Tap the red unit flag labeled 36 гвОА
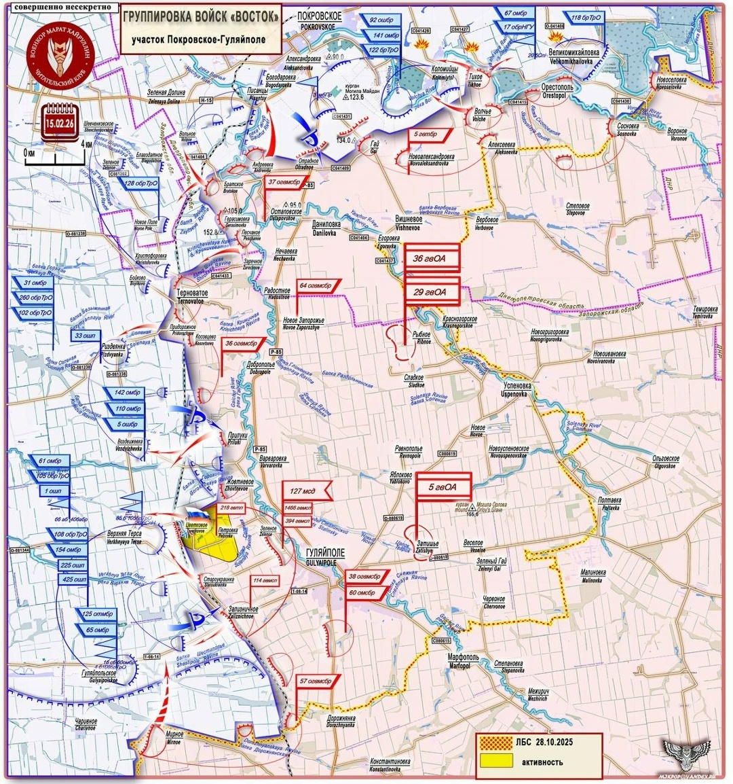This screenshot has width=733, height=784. point(433,257)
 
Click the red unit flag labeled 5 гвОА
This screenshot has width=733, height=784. point(443,487)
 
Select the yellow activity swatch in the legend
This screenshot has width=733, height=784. point(496,761)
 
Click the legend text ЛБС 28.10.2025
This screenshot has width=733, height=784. point(544,742)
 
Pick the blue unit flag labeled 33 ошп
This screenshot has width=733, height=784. point(86,336)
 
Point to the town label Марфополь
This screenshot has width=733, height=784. point(463,658)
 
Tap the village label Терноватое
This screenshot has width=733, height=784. point(192,291)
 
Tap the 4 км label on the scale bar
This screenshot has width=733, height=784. point(87,144)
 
